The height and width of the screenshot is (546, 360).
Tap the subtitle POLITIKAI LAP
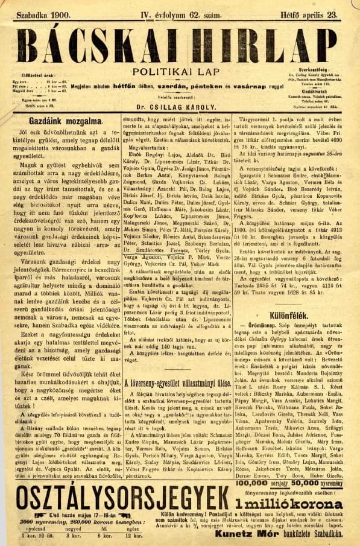[180, 71]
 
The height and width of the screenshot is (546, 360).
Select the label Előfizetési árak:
[42, 75]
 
